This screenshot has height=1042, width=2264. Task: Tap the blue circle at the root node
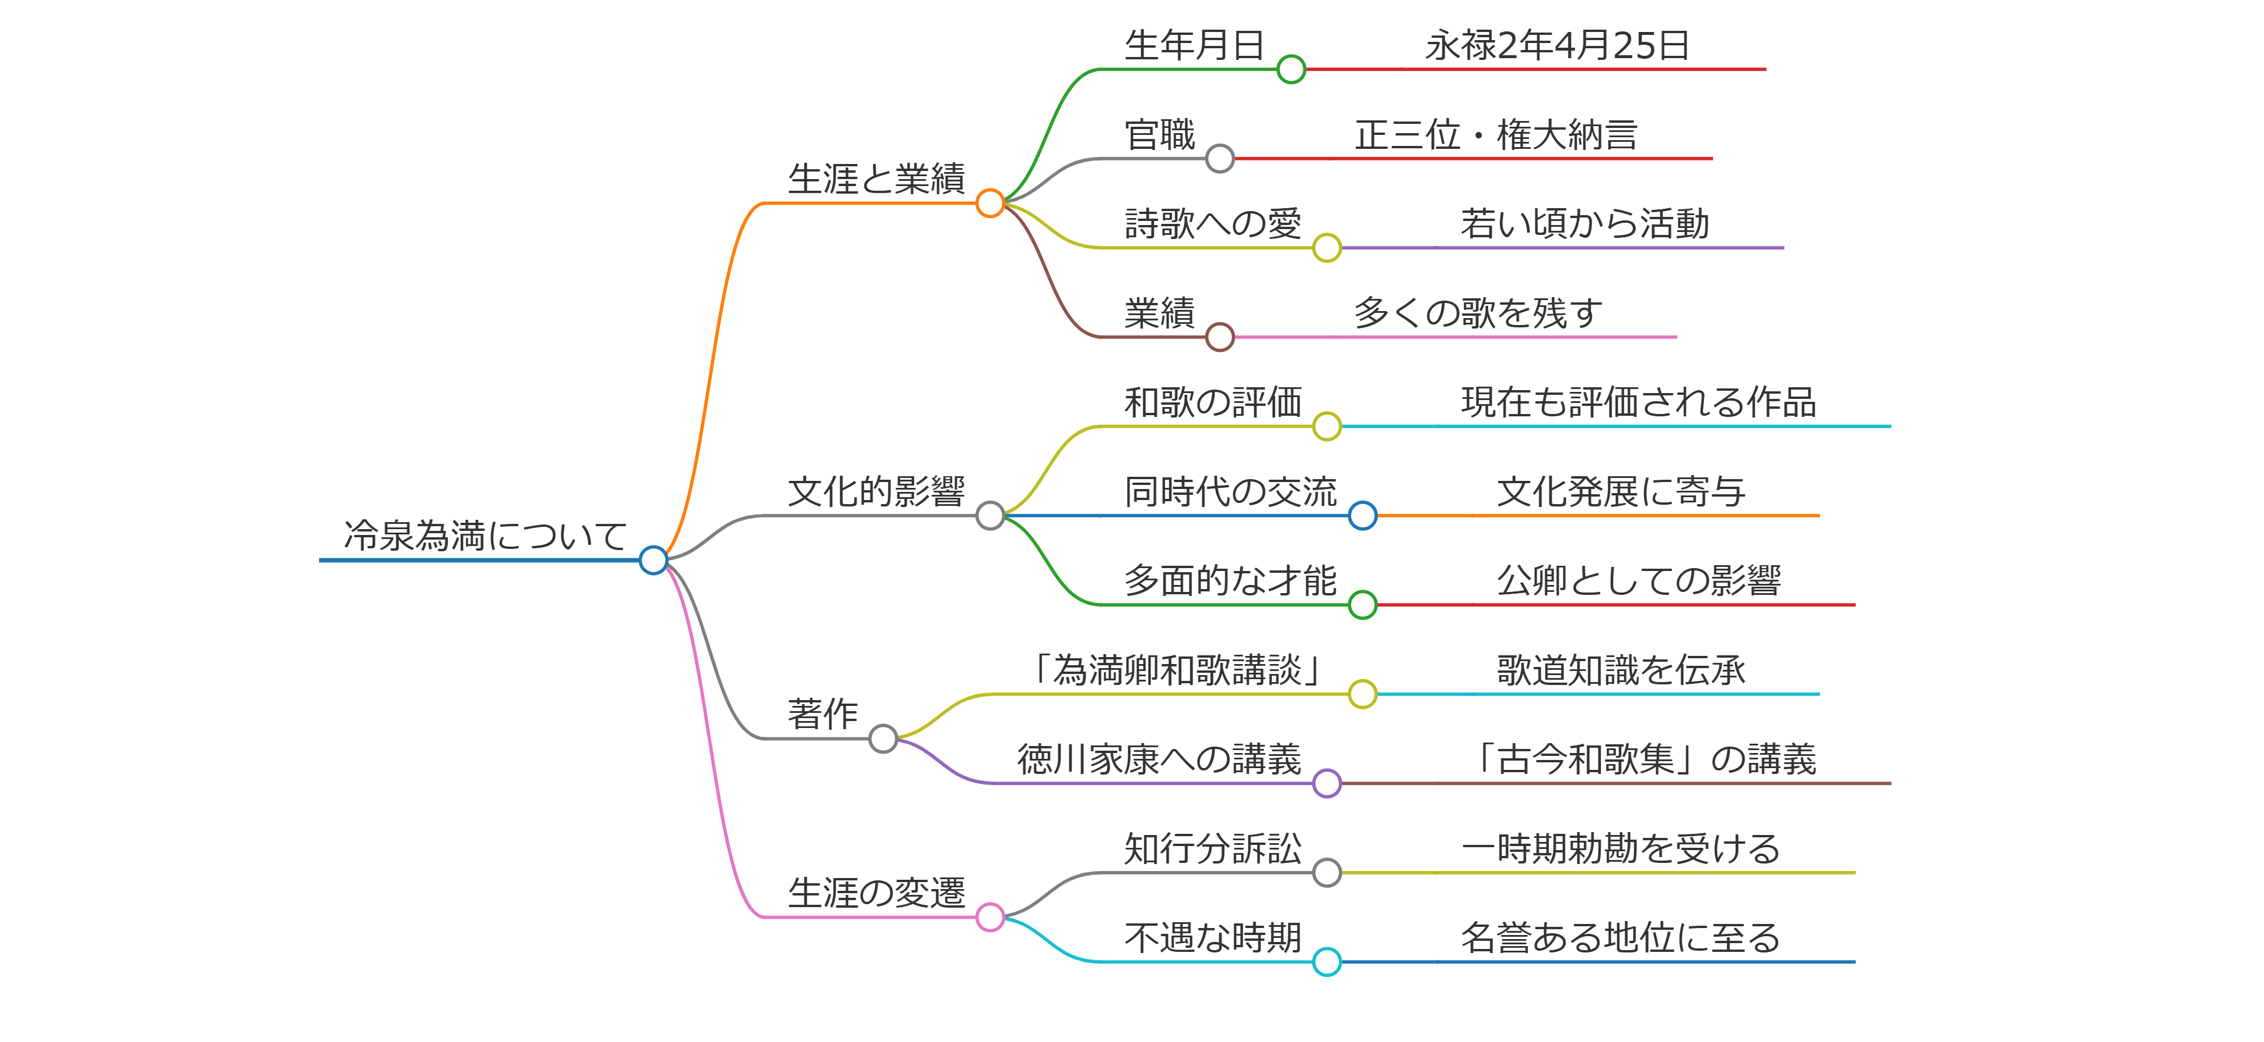[653, 559]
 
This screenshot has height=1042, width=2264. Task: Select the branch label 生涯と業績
[876, 179]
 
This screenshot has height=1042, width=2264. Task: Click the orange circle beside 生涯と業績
[990, 203]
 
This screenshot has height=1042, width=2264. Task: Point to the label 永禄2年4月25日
[1556, 45]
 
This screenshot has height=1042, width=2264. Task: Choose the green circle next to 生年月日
[1291, 69]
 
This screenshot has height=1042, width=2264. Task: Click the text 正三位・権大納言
[1496, 134]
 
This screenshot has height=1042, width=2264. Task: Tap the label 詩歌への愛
[1212, 223]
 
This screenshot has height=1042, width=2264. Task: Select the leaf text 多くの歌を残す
[1477, 312]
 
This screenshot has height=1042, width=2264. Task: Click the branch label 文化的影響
[876, 491]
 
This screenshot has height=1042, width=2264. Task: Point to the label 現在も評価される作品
[1638, 402]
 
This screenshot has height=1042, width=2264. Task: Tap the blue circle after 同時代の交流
[1362, 515]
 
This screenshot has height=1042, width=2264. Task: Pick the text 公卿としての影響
[1638, 580]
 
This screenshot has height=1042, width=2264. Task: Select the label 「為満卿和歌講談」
[1177, 670]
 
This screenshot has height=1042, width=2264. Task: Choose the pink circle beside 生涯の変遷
[990, 917]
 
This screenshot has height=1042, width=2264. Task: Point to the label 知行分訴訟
[1212, 848]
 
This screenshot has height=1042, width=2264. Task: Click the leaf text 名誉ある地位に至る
[1620, 937]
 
